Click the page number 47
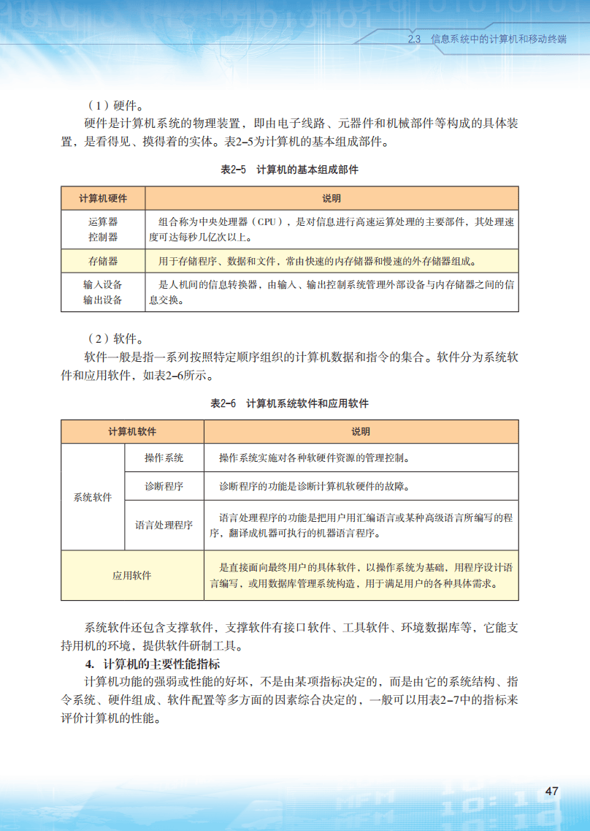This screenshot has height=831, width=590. coord(552,792)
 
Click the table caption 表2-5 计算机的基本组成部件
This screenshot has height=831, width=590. coord(290,170)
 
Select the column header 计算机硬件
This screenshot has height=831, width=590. coord(103,199)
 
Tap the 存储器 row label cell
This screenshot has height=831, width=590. coord(103,260)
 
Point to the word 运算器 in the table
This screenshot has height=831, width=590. coord(103,221)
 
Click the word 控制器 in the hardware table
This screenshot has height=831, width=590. coord(103,237)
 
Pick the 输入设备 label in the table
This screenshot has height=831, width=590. coord(103,284)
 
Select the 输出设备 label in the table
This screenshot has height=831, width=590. coord(103,300)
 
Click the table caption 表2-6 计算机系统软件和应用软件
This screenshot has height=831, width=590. coord(290,403)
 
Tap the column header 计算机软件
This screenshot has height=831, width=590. coord(132,432)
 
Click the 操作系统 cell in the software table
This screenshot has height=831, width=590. coord(164,458)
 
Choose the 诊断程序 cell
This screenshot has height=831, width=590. coord(164,486)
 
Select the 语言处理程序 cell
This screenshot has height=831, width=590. coord(164,525)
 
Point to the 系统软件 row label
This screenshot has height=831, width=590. coord(93,497)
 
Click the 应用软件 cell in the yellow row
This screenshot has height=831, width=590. coord(132,575)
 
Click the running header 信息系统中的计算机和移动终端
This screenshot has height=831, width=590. coord(499,39)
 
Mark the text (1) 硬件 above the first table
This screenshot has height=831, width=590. coord(115,105)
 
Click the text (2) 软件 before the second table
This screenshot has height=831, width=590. coord(115,339)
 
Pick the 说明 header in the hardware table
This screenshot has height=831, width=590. coord(332,199)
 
